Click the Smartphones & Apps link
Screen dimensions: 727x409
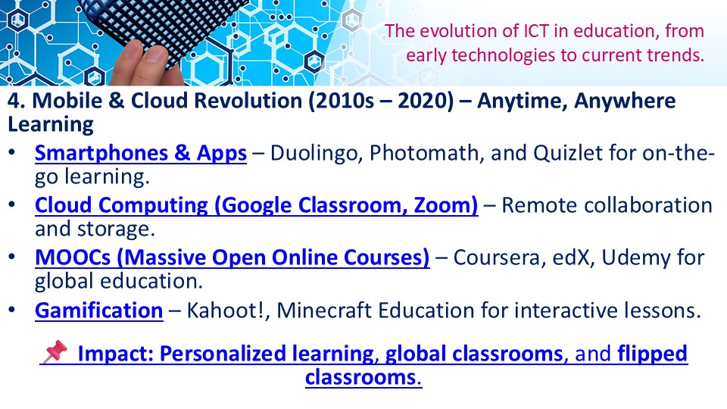tap(141, 153)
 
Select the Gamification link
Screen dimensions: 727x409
tap(98, 311)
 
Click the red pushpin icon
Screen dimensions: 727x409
tap(55, 351)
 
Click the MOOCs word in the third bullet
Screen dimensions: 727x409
tap(73, 258)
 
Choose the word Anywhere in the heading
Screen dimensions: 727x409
tap(625, 101)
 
